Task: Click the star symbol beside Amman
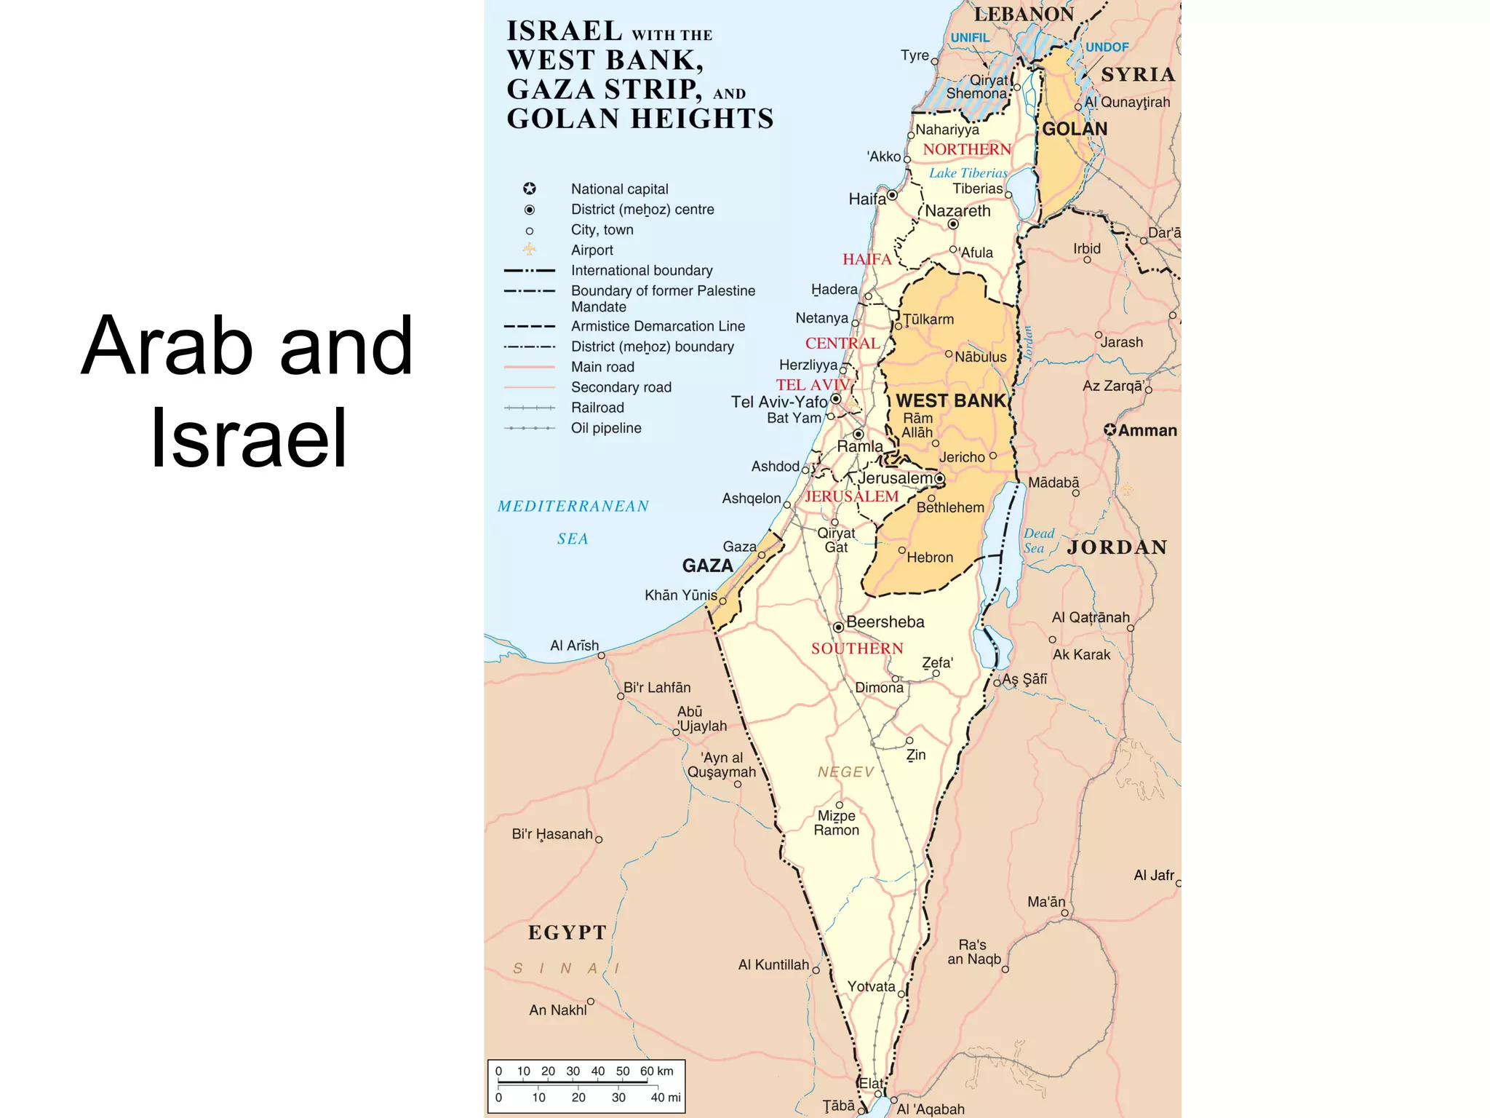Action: coord(1109,430)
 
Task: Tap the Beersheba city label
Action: coord(885,622)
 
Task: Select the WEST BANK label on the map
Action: coord(950,400)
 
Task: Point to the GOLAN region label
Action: coord(1075,129)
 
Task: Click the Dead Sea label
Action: coord(1038,541)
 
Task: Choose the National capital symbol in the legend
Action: coord(530,189)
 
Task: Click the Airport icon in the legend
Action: coord(530,250)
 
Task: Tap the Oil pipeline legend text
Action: coord(606,428)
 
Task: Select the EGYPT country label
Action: coord(567,932)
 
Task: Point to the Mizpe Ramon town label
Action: coord(836,823)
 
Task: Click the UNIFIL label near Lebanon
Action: coord(969,38)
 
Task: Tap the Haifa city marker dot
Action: coord(892,195)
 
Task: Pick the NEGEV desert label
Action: coord(845,772)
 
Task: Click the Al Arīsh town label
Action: coord(574,646)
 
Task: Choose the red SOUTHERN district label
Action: coord(857,649)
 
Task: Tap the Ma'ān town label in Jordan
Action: coord(1046,902)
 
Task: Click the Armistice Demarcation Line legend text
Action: coord(658,326)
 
